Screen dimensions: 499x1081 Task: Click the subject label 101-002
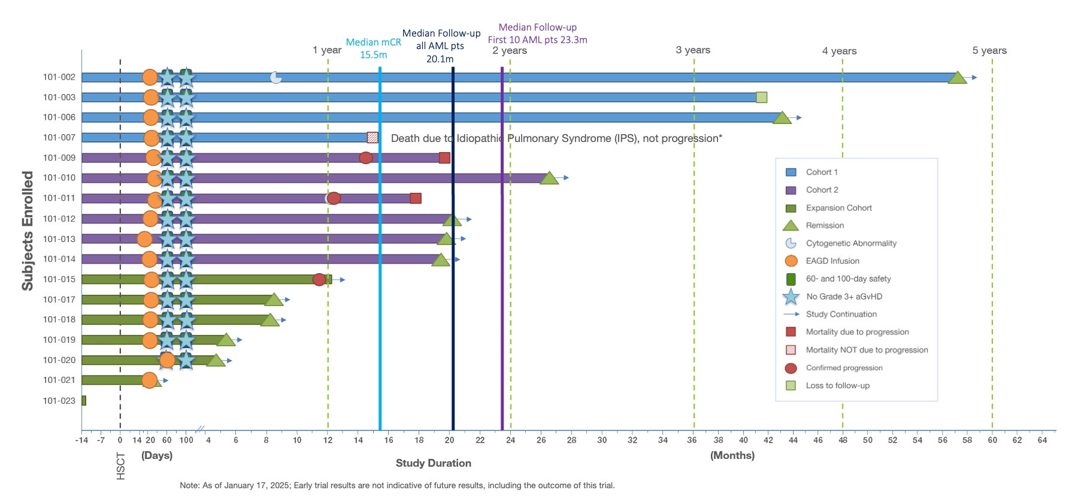coord(59,77)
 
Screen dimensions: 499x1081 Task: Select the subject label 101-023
coord(59,401)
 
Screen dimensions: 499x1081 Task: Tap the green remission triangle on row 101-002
coord(957,78)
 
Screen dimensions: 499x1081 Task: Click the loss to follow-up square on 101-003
coord(761,97)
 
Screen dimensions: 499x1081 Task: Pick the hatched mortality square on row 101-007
coord(373,137)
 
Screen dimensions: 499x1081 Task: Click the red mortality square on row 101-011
coord(416,198)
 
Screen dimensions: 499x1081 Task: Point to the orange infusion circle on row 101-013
coord(144,239)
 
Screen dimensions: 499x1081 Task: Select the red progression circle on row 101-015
coord(319,280)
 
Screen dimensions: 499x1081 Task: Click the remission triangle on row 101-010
coord(549,179)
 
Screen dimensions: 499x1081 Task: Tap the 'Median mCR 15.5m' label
coord(373,49)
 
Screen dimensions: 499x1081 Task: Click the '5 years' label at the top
coord(989,50)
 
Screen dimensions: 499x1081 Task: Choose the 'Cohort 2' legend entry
coord(822,190)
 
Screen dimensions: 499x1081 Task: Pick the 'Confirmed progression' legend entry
coord(844,368)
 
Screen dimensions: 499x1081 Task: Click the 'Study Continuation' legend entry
coord(841,314)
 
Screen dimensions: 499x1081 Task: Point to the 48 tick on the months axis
coord(843,440)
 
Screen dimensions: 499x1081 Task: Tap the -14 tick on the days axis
coord(81,440)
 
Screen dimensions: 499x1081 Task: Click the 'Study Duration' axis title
coord(433,463)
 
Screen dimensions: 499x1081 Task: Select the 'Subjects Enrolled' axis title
coord(28,231)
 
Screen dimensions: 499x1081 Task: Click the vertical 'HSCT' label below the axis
coord(120,466)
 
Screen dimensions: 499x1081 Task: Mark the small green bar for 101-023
coord(84,401)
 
